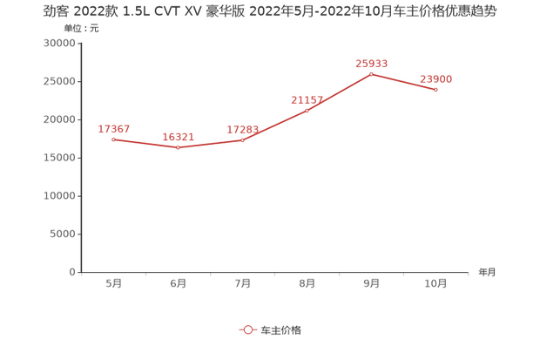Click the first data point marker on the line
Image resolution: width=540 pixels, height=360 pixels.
click(x=114, y=139)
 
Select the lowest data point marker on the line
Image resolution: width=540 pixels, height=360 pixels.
click(x=179, y=147)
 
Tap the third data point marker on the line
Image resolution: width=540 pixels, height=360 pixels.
click(x=243, y=139)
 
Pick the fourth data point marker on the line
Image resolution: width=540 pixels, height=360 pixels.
click(x=307, y=111)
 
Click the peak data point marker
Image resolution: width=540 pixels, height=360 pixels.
click(x=372, y=73)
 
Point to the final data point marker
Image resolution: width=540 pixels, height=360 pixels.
click(x=436, y=90)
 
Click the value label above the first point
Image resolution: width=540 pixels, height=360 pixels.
click(x=115, y=128)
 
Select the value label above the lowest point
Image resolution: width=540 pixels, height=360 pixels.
click(x=179, y=136)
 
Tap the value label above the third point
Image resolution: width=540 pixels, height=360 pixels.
click(x=243, y=128)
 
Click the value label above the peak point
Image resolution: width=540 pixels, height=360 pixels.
click(x=371, y=63)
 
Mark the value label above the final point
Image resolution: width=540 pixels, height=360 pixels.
click(x=436, y=78)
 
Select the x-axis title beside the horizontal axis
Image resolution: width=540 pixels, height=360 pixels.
click(x=486, y=272)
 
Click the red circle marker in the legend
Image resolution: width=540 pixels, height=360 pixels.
click(x=247, y=329)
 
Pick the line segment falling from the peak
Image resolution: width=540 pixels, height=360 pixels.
click(x=404, y=82)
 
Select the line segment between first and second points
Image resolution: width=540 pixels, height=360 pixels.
click(x=146, y=143)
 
